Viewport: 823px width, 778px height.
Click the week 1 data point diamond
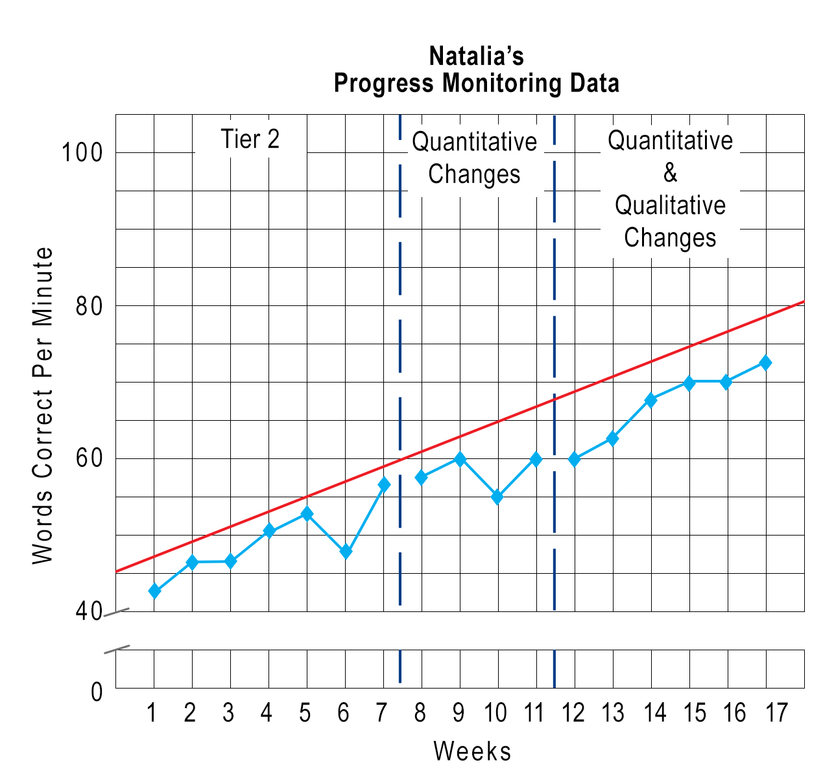(x=154, y=591)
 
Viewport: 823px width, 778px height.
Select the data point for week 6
(x=346, y=552)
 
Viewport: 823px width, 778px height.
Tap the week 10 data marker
(x=497, y=497)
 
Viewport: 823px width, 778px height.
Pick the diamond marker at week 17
(x=765, y=363)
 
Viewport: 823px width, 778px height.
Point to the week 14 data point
(x=650, y=400)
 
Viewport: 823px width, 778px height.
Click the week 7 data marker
(x=384, y=484)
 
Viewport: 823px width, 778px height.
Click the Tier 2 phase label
(x=250, y=139)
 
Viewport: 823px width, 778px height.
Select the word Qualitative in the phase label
(x=670, y=206)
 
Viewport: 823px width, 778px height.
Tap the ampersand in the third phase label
(x=670, y=173)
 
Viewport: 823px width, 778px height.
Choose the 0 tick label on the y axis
(x=97, y=692)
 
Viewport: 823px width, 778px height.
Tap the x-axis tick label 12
(x=573, y=713)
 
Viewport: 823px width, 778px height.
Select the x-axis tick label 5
(x=305, y=713)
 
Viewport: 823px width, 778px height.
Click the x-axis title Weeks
(x=472, y=751)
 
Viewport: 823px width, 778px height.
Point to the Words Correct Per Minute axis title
(x=43, y=405)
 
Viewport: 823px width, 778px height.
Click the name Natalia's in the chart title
(x=476, y=56)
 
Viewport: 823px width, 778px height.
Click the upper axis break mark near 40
(x=117, y=611)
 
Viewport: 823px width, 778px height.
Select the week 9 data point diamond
(x=460, y=459)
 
